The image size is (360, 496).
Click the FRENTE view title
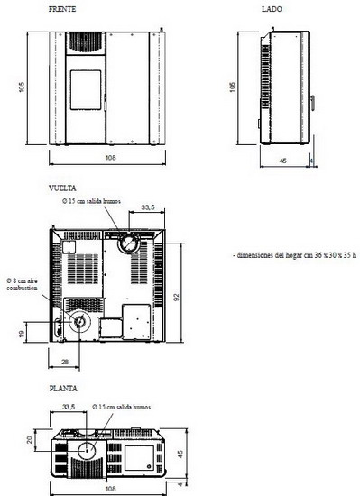pos(62,9)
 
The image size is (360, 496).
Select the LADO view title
pos(272,9)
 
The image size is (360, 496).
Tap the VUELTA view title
pos(62,188)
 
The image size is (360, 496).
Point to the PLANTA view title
pos(63,388)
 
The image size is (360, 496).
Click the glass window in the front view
pos(86,90)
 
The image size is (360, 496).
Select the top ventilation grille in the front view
pos(86,42)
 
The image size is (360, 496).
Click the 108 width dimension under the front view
pos(110,158)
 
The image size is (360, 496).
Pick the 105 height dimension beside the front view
pos(22,87)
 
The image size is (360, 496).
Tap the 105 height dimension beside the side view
pos(233,87)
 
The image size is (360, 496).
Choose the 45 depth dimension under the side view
pos(283,161)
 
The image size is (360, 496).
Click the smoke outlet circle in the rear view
pos(128,243)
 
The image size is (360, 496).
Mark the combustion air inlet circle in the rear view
pos(79,322)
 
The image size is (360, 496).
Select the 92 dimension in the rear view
pos(177,298)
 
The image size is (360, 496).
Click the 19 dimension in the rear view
pos(22,334)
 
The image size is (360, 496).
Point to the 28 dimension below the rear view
pos(65,362)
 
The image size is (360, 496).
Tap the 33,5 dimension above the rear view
pos(148,207)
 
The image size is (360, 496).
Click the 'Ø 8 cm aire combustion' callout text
pos(23,284)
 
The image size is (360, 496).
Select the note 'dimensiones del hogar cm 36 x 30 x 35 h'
pos(295,255)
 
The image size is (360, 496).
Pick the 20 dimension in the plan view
pos(30,439)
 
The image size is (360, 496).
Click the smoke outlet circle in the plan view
pos(86,451)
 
